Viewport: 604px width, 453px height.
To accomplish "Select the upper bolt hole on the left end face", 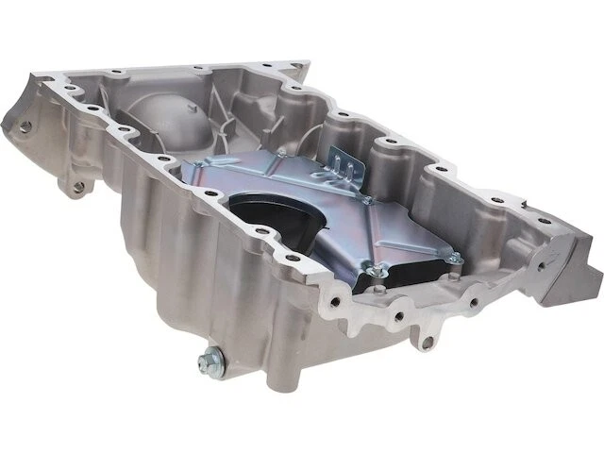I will (25, 126).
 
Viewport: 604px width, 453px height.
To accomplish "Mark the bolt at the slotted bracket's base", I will (363, 201).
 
